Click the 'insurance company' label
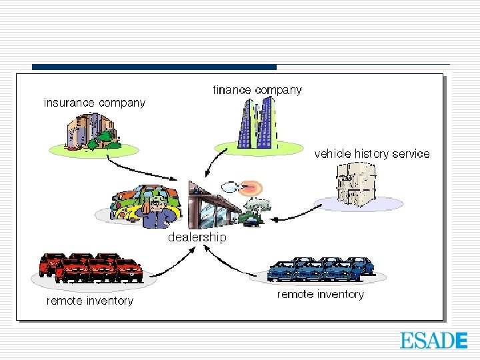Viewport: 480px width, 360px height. (x=94, y=103)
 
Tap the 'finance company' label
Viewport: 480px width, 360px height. (x=257, y=89)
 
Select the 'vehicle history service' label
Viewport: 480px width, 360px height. (x=372, y=153)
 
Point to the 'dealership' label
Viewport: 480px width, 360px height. (x=197, y=237)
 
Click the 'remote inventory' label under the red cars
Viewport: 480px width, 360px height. (x=89, y=301)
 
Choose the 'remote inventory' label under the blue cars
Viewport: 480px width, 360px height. (x=320, y=294)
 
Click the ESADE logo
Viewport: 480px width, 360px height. (x=433, y=340)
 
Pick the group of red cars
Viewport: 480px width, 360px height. (x=91, y=267)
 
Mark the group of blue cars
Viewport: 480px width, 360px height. (x=321, y=269)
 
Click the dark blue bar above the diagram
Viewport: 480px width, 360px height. (x=154, y=67)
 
